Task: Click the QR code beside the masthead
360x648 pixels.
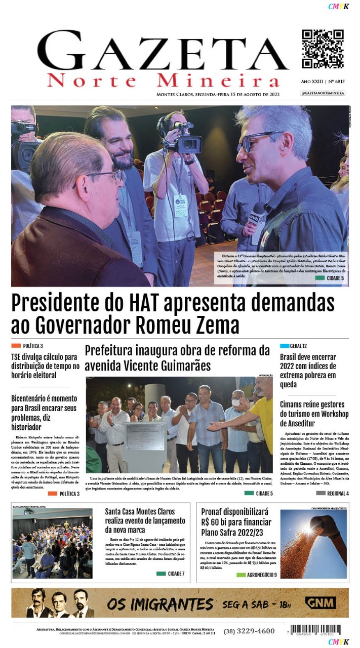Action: click(323, 49)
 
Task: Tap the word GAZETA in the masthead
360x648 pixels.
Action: click(163, 53)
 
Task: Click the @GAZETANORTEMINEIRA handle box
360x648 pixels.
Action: click(323, 93)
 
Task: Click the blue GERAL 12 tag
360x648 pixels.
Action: click(294, 346)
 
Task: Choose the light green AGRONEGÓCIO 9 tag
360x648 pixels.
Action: click(256, 575)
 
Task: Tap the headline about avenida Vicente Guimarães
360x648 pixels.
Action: click(177, 357)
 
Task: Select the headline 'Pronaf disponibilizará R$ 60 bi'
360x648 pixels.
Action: click(235, 522)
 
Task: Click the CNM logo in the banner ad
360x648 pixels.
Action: click(320, 603)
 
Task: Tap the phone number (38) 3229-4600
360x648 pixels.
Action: click(249, 631)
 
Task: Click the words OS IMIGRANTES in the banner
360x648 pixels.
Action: click(159, 604)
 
